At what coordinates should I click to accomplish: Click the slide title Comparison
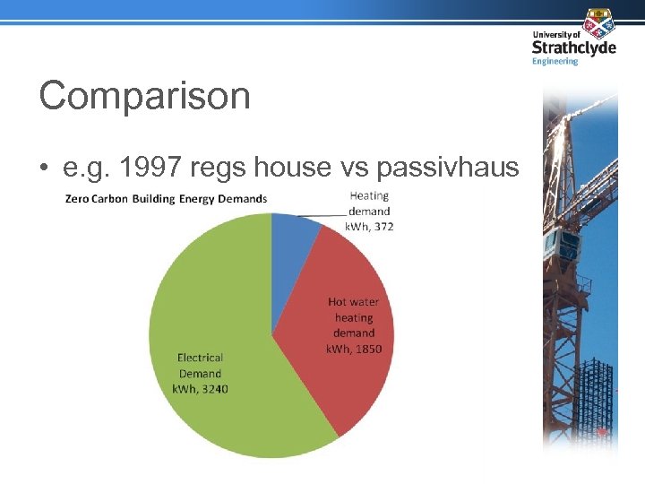pyautogui.click(x=144, y=96)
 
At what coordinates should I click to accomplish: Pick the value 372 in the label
pyautogui.click(x=383, y=227)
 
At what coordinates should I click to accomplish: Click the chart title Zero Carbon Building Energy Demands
pyautogui.click(x=166, y=198)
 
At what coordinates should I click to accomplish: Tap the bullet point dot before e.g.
pyautogui.click(x=44, y=169)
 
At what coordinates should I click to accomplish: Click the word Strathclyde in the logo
pyautogui.click(x=573, y=48)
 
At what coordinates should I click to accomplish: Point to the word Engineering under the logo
pyautogui.click(x=555, y=61)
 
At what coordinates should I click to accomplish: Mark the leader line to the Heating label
pyautogui.click(x=318, y=214)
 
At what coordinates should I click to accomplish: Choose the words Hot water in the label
pyautogui.click(x=354, y=302)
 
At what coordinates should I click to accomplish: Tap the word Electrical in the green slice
pyautogui.click(x=199, y=359)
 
